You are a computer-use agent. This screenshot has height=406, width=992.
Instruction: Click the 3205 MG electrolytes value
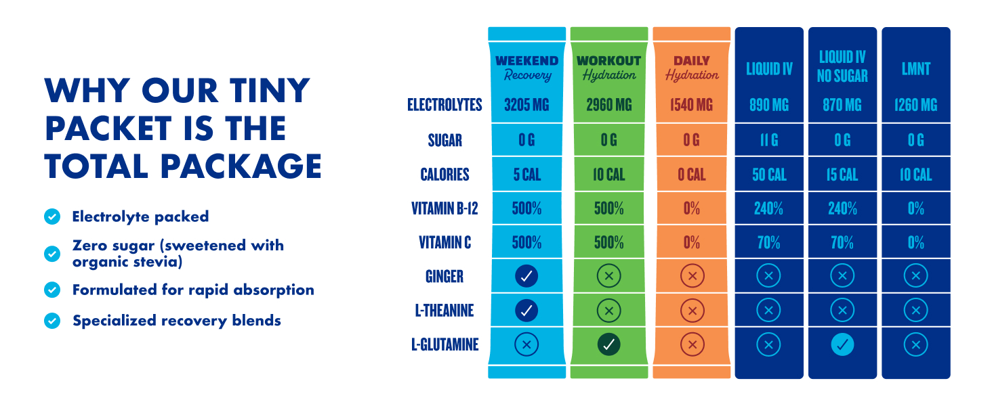(x=526, y=105)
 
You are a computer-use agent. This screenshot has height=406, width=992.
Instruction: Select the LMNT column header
(x=915, y=69)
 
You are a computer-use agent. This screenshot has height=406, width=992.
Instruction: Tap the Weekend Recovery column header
(x=526, y=68)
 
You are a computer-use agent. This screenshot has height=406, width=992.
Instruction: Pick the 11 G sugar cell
(x=769, y=140)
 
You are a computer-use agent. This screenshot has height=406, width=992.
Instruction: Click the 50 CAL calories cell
(x=769, y=175)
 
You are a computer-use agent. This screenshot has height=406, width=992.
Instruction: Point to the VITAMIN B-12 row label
(x=445, y=208)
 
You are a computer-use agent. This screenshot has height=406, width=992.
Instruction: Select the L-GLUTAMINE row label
(x=445, y=344)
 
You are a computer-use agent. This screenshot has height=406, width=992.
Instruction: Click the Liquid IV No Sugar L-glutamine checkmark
(x=842, y=344)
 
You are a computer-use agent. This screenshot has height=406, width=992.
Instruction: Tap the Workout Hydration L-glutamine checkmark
(x=608, y=344)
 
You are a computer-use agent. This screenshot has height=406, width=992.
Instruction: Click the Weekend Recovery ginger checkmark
(x=526, y=276)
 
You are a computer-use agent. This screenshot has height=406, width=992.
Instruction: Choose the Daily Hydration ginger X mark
(x=692, y=276)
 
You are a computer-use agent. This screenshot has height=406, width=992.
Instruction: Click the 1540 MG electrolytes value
(x=692, y=105)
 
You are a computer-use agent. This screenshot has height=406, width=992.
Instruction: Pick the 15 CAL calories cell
(x=842, y=175)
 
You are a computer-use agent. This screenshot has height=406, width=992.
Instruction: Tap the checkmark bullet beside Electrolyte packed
(x=52, y=217)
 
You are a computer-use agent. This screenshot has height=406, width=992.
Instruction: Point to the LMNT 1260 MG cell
(x=915, y=105)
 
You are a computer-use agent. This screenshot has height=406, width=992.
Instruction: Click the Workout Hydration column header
(x=608, y=68)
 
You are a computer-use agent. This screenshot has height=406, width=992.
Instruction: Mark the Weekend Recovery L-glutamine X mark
(x=526, y=344)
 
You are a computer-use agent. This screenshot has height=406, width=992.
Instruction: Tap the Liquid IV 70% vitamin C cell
(x=769, y=242)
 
